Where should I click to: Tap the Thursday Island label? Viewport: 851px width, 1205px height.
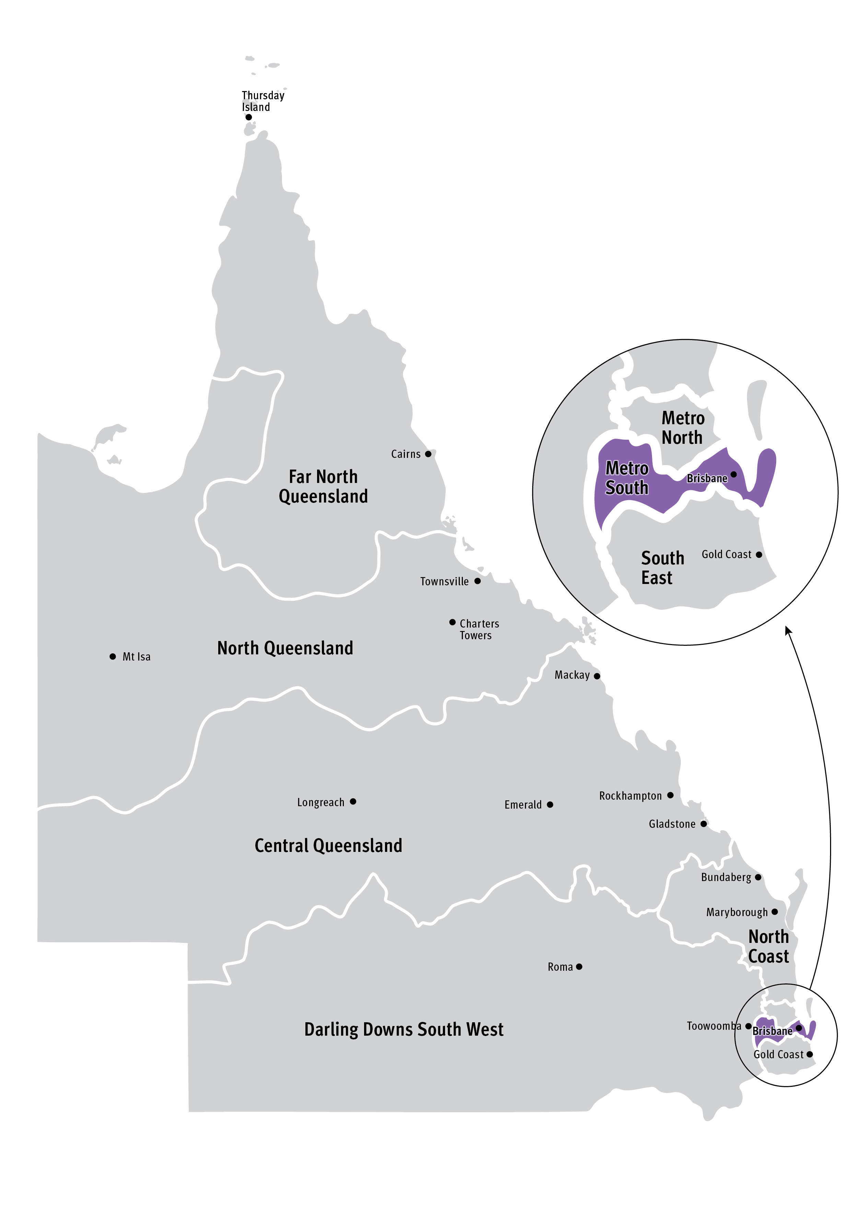point(263,101)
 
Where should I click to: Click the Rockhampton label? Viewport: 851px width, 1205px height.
point(630,796)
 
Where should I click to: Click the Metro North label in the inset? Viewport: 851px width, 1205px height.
point(683,428)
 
